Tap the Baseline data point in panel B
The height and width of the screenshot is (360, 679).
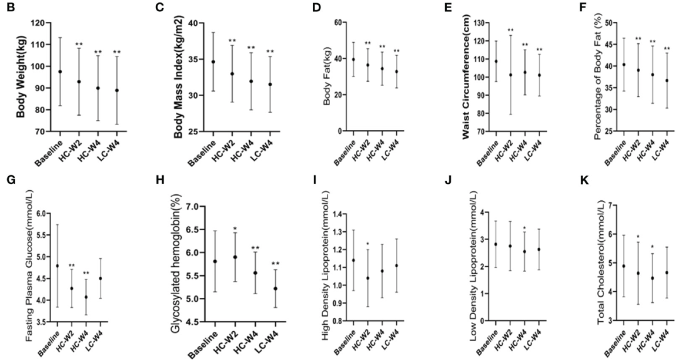[x=60, y=72]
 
